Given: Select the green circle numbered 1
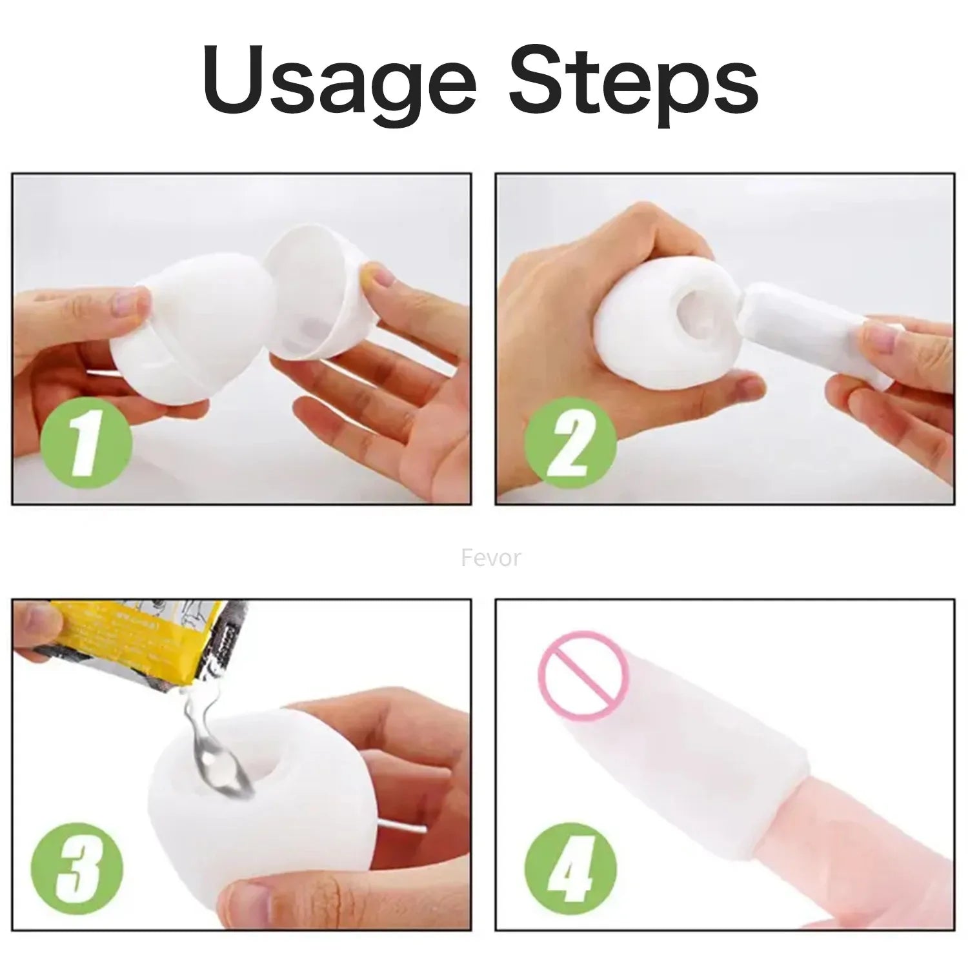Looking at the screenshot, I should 86,445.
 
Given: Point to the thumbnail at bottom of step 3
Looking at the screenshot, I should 242,897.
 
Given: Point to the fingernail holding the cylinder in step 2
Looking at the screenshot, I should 881,336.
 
